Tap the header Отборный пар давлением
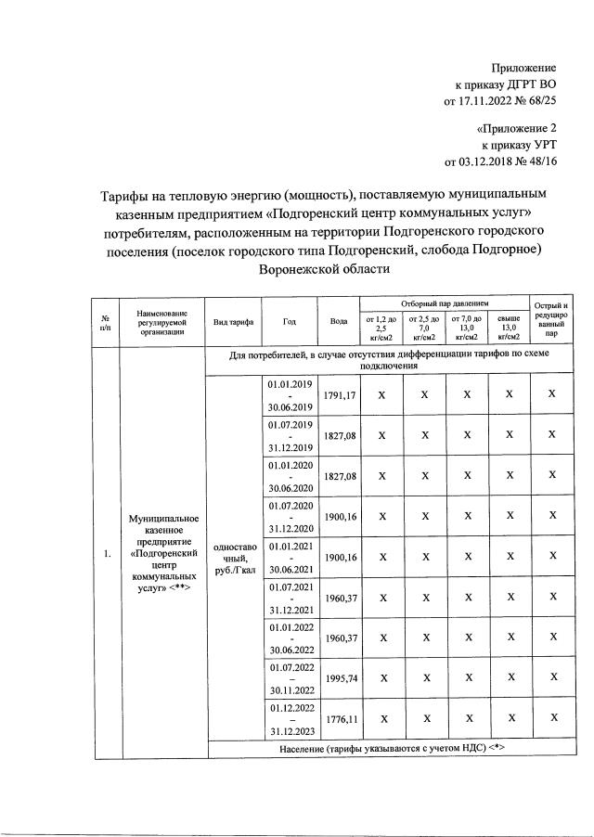pyautogui.click(x=445, y=303)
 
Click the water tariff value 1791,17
pyautogui.click(x=339, y=395)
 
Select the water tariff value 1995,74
pyautogui.click(x=339, y=678)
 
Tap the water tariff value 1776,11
pyautogui.click(x=339, y=719)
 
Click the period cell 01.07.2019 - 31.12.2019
pyautogui.click(x=291, y=435)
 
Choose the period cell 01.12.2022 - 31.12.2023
pyautogui.click(x=291, y=718)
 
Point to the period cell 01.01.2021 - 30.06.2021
pyautogui.click(x=291, y=557)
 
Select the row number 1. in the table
pyautogui.click(x=107, y=554)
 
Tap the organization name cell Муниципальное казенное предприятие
pyautogui.click(x=161, y=554)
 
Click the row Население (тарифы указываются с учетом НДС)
pyautogui.click(x=393, y=749)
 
